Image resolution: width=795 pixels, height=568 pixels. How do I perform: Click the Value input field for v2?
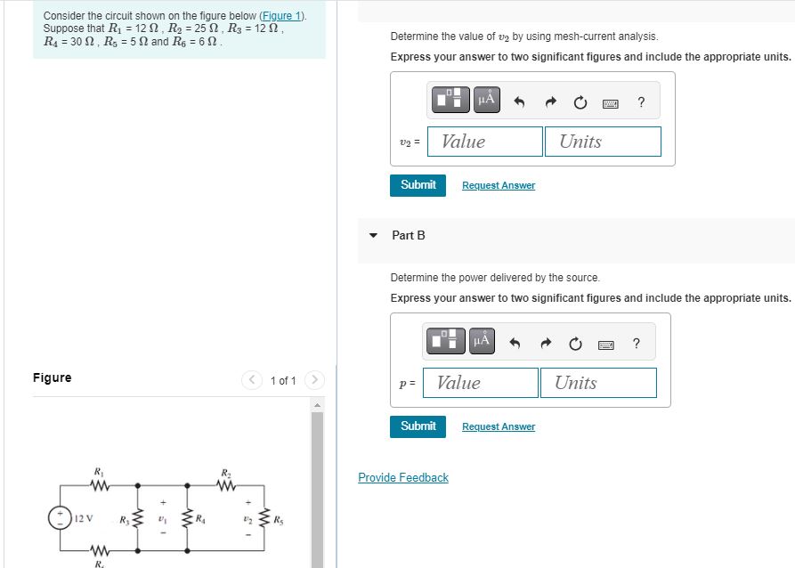pyautogui.click(x=485, y=142)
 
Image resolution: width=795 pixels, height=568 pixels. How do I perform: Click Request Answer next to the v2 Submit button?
pyautogui.click(x=498, y=185)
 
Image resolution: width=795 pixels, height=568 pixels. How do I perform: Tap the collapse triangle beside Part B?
pyautogui.click(x=374, y=236)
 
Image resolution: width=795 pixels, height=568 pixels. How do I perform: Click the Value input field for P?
pyautogui.click(x=481, y=383)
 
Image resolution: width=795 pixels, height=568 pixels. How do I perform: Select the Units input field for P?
pyautogui.click(x=597, y=383)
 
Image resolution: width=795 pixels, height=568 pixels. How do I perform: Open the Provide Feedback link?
pyautogui.click(x=402, y=478)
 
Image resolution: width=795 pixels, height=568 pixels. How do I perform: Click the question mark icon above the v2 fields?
pyautogui.click(x=641, y=102)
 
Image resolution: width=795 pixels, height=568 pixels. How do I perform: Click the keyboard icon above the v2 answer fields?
pyautogui.click(x=611, y=103)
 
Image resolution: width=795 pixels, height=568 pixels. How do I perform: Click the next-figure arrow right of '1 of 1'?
pyautogui.click(x=314, y=381)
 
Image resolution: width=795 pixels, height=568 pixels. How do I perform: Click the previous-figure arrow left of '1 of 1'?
pyautogui.click(x=252, y=381)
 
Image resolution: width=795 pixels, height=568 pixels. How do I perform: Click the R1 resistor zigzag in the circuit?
pyautogui.click(x=98, y=485)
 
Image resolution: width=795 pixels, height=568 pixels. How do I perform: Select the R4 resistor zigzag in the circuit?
pyautogui.click(x=187, y=518)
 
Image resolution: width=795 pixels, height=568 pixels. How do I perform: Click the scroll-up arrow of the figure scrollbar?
pyautogui.click(x=315, y=405)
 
